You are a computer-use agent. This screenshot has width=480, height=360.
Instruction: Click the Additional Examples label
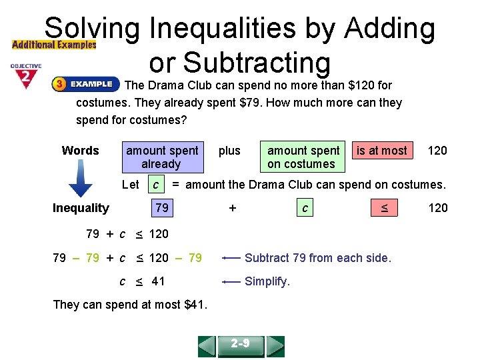[54, 45]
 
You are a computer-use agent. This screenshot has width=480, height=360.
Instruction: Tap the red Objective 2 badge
[25, 76]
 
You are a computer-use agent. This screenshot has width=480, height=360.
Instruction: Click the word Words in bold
[80, 151]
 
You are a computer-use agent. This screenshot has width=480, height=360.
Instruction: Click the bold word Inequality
[81, 208]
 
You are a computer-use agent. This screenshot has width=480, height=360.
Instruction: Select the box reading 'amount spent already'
[162, 157]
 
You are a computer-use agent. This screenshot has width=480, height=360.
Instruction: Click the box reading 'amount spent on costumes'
[303, 157]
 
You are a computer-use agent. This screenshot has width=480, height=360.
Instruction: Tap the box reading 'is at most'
[382, 151]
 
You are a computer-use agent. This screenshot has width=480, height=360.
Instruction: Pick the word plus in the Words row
[229, 151]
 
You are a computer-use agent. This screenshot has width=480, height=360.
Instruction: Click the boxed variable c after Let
[155, 184]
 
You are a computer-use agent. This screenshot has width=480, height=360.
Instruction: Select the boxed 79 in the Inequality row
[161, 208]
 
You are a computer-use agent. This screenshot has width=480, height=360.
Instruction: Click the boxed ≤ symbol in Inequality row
[384, 208]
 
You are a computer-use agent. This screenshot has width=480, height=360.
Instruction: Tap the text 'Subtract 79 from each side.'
[318, 257]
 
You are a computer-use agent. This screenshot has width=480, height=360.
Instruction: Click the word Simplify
[267, 281]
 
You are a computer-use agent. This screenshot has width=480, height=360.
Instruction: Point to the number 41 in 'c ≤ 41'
[158, 281]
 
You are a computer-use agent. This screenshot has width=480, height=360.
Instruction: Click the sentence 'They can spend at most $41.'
[130, 305]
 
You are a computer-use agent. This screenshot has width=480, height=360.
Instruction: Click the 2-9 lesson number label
[241, 344]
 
